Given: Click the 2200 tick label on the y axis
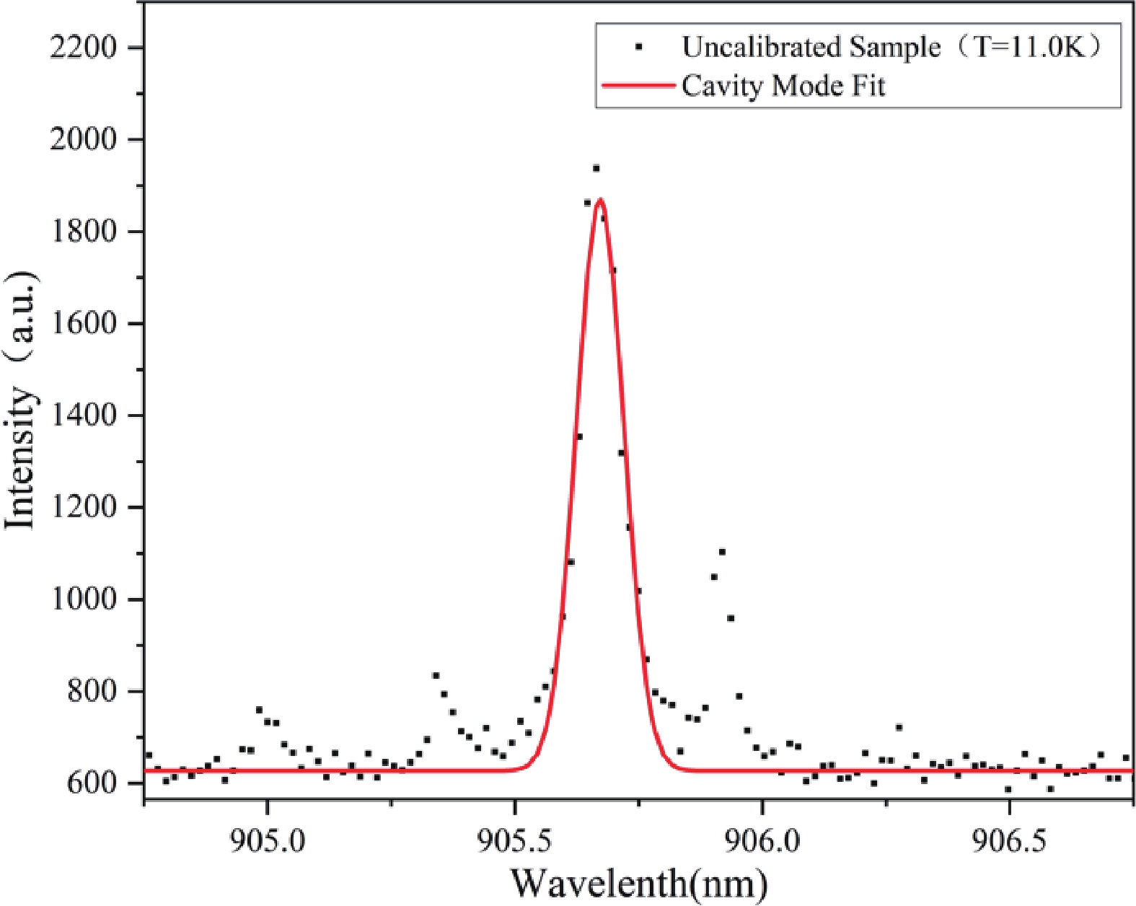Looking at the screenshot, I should (83, 48).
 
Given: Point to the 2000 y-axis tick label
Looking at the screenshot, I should (83, 139).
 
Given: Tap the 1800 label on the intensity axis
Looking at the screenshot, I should (83, 232).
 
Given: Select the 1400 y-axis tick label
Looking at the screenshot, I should (83, 415).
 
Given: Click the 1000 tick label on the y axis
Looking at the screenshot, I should (83, 599).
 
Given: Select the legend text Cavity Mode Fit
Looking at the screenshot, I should (783, 86).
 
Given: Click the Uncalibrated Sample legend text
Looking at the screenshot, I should (811, 47).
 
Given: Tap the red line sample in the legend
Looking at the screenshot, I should (638, 86).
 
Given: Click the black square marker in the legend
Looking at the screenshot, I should (638, 47).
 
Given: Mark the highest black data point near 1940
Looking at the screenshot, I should (596, 168).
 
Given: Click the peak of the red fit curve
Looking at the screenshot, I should (600, 200).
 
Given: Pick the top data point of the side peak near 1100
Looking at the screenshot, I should (722, 552).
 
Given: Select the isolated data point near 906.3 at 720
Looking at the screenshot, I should (899, 727).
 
